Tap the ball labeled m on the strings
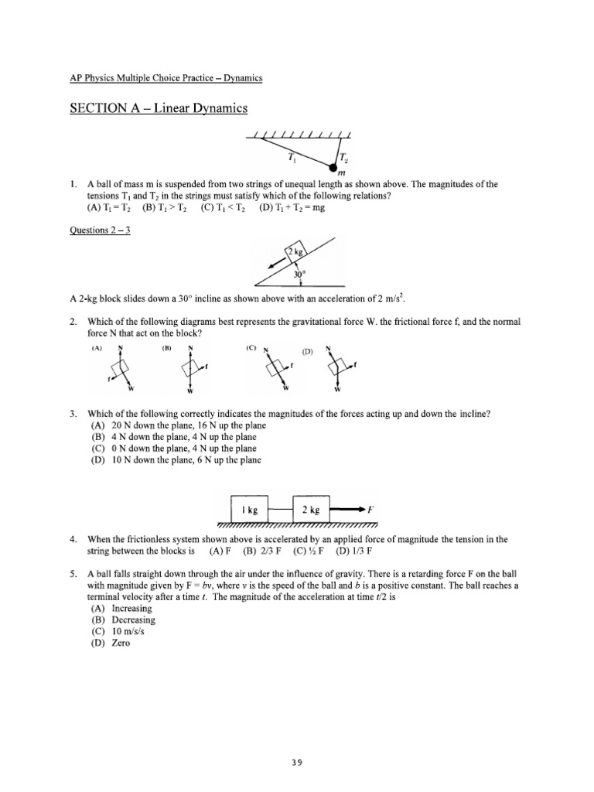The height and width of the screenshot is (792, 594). point(333,166)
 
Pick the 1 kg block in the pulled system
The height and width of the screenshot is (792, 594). point(249,510)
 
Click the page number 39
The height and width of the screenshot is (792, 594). point(296,761)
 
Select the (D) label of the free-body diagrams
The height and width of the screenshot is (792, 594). point(308,352)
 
